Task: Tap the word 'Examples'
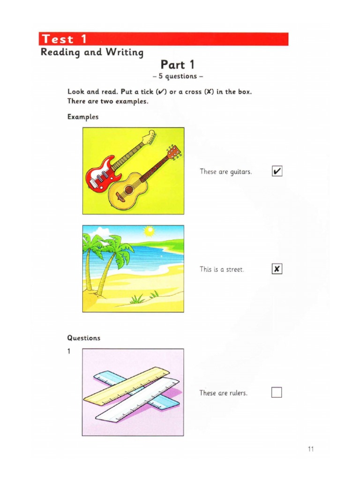point(83,117)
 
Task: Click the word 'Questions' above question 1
point(83,337)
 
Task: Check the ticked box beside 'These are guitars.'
point(277,172)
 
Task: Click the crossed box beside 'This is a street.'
point(277,269)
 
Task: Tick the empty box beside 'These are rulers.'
point(277,392)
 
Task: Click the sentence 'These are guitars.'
point(225,172)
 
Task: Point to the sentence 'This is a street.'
point(222,269)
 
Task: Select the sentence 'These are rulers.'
point(223,393)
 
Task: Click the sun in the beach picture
point(150,231)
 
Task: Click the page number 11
point(311,449)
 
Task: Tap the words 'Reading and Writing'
point(92,52)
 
